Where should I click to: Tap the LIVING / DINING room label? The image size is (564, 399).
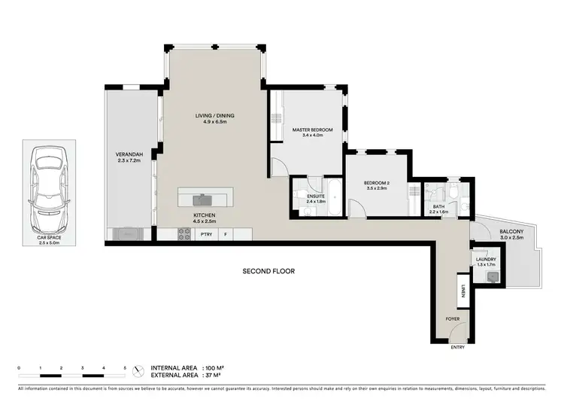(x=215, y=115)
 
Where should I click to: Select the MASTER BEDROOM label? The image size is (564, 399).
(x=312, y=130)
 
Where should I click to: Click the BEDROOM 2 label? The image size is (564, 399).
(x=377, y=183)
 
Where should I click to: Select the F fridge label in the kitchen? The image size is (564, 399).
(x=226, y=235)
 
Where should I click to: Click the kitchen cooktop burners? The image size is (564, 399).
(x=183, y=235)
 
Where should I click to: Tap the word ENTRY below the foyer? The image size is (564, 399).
(x=457, y=347)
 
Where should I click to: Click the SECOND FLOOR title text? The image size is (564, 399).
(x=268, y=270)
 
